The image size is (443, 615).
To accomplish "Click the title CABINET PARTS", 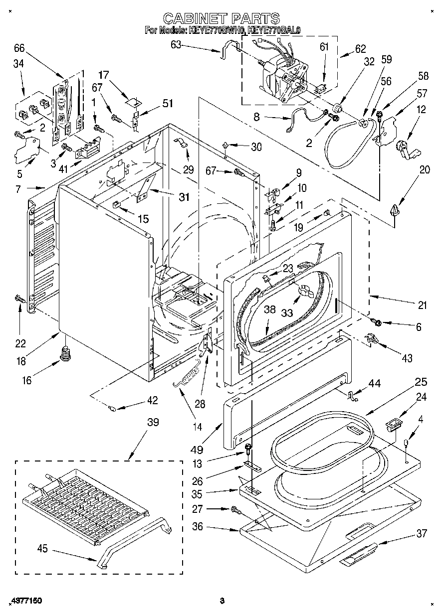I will point(221,19).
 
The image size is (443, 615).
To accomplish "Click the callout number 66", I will point(19,49).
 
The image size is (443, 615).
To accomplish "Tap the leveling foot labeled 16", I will point(64,354).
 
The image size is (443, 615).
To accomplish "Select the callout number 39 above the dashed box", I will point(153,422).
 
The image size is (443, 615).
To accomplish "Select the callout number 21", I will point(422,305).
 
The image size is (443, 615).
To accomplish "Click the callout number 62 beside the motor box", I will point(360,49).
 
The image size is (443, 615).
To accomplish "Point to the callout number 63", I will point(176,44).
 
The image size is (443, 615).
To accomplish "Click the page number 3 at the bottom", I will point(222,601).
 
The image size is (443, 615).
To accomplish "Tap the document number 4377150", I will point(25,601).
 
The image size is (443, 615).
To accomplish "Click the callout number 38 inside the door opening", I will point(269,309).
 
